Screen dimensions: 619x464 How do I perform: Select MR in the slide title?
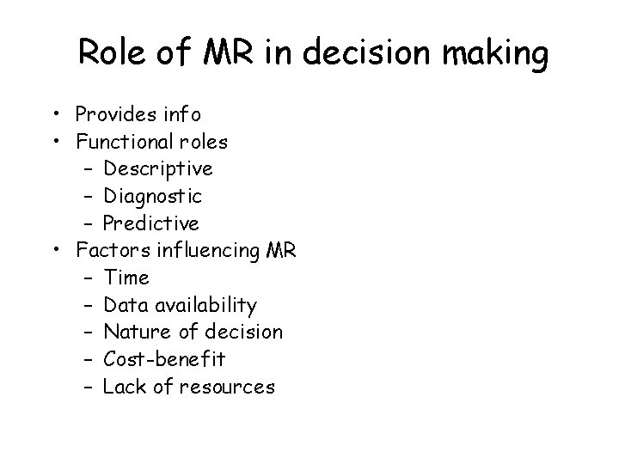click(x=228, y=54)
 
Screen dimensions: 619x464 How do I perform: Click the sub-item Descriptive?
click(x=157, y=168)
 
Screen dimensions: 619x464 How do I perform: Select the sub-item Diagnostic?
click(x=152, y=196)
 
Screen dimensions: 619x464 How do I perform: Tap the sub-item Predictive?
click(x=150, y=223)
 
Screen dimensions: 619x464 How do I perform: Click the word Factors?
click(x=107, y=250)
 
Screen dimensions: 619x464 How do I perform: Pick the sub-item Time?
click(x=126, y=278)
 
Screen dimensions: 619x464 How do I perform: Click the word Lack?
click(x=124, y=387)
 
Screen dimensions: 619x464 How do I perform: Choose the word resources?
click(x=227, y=388)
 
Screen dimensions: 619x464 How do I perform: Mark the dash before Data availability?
click(x=89, y=305)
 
